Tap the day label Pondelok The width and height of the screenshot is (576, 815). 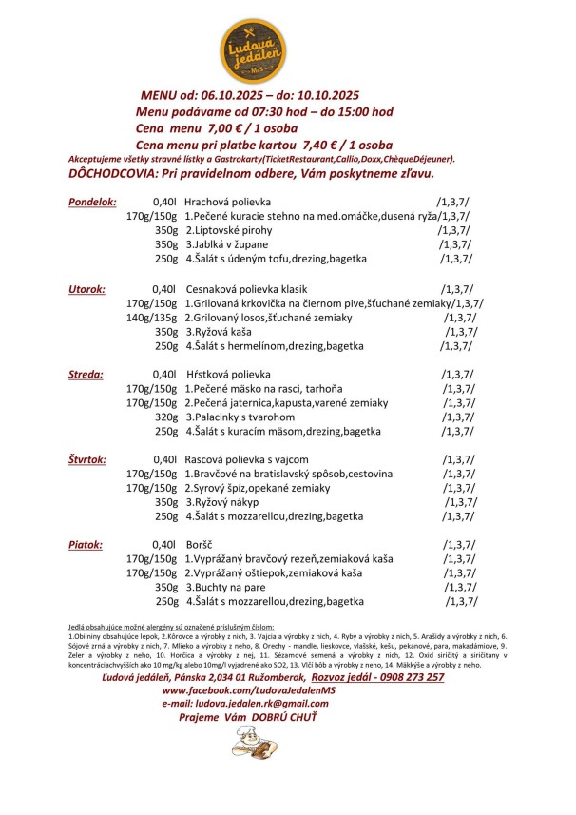tap(92, 203)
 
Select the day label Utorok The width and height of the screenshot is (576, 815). tap(86, 288)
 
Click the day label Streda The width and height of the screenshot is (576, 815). tap(86, 375)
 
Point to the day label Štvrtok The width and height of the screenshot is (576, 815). tap(87, 460)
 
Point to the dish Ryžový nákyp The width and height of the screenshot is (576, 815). tap(224, 502)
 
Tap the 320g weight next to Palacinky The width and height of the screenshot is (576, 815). tap(166, 417)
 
